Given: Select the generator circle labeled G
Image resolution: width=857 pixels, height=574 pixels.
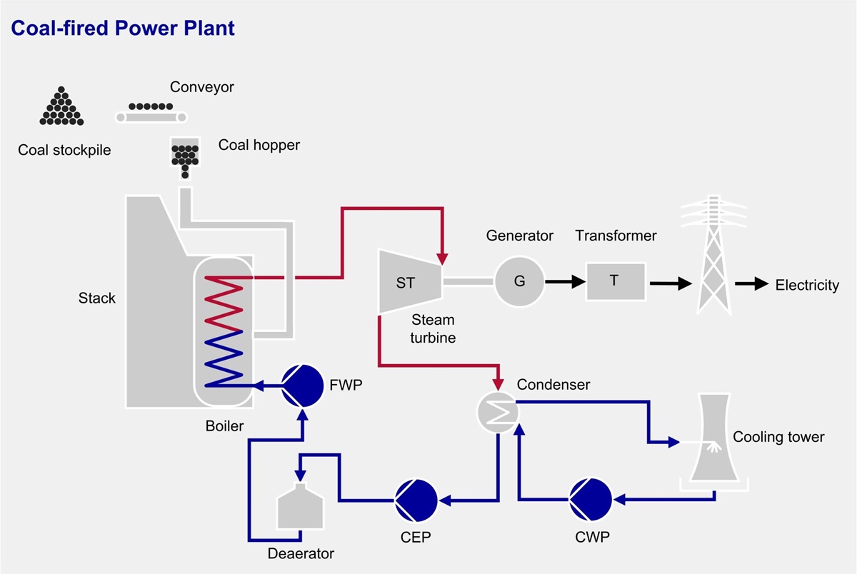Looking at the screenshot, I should tap(519, 282).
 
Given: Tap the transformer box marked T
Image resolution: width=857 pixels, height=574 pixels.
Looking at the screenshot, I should tap(614, 281).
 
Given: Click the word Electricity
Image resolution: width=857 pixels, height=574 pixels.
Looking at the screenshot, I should tap(807, 286).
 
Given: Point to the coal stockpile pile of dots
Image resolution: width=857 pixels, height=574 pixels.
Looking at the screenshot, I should tap(61, 107).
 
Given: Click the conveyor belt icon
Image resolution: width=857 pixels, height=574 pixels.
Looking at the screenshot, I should tap(151, 112).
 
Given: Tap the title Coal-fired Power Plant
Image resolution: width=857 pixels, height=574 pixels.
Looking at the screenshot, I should tap(121, 29).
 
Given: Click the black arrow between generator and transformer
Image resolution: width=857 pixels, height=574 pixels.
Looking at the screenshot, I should tap(563, 282).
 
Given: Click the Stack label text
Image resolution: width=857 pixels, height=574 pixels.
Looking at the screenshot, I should tap(96, 298).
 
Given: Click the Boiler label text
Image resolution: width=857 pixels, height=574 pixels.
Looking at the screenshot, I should tap(224, 426).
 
